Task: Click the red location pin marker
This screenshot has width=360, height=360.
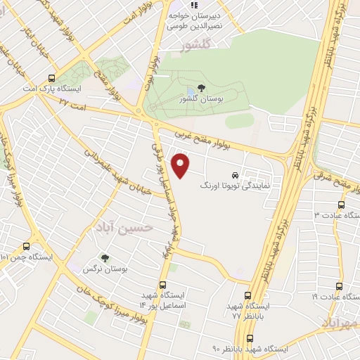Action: tap(181, 165)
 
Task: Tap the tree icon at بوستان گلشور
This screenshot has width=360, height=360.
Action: tap(202, 88)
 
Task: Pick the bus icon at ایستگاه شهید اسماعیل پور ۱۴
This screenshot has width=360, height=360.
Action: tap(163, 285)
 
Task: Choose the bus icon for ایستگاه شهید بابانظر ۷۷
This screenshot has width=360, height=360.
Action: tap(247, 296)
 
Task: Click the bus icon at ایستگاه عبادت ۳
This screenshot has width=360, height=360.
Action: tap(340, 205)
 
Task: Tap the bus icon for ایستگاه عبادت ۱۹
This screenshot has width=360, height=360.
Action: tap(339, 286)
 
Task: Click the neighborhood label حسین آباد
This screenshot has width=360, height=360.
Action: tap(127, 229)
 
